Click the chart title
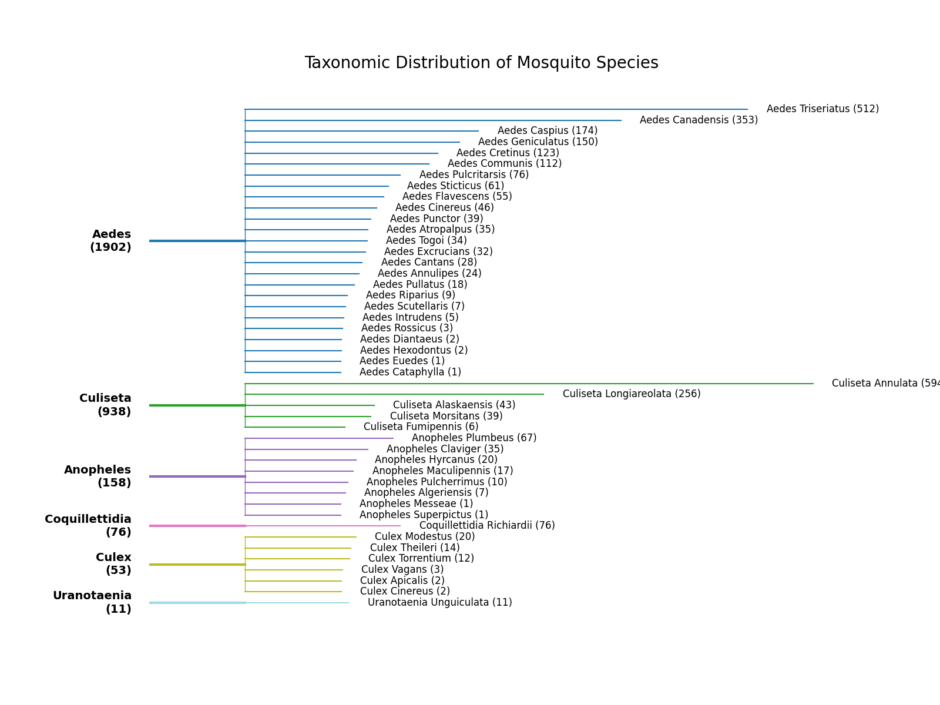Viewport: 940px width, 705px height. tap(481, 63)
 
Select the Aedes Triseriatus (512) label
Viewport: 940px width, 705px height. tap(822, 109)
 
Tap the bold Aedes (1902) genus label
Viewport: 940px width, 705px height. tap(110, 241)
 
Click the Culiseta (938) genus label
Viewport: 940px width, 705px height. tap(105, 405)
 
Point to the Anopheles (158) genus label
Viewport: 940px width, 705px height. tap(98, 476)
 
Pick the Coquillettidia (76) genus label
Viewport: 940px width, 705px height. tap(88, 526)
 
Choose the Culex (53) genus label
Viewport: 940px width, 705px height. tap(113, 564)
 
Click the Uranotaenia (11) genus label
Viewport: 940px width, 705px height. tap(92, 602)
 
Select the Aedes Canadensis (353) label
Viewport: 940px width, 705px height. tap(698, 120)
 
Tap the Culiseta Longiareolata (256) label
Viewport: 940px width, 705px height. tap(631, 394)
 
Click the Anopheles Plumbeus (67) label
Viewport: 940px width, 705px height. tap(474, 438)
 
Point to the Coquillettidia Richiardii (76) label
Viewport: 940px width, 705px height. tap(486, 526)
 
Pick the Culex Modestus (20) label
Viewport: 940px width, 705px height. tap(424, 537)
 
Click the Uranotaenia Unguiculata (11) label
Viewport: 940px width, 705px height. tap(439, 603)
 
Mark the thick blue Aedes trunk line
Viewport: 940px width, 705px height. tap(197, 241)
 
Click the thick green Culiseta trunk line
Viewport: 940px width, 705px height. tap(197, 405)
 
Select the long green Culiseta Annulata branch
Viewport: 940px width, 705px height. tap(529, 384)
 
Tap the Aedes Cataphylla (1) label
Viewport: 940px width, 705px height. tap(409, 372)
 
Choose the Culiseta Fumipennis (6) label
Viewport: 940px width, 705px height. tap(421, 427)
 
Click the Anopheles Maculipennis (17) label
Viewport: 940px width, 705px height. tap(442, 471)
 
